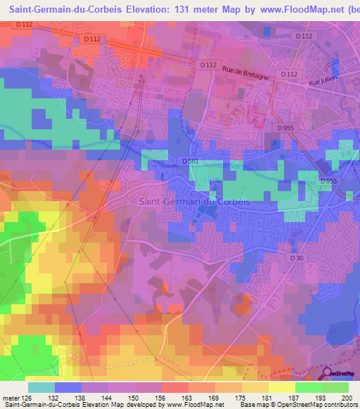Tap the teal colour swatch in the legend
pos(41,387)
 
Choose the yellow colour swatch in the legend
pos(281,387)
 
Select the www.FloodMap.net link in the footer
pos(192,405)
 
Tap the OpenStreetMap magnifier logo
pos(328,375)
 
